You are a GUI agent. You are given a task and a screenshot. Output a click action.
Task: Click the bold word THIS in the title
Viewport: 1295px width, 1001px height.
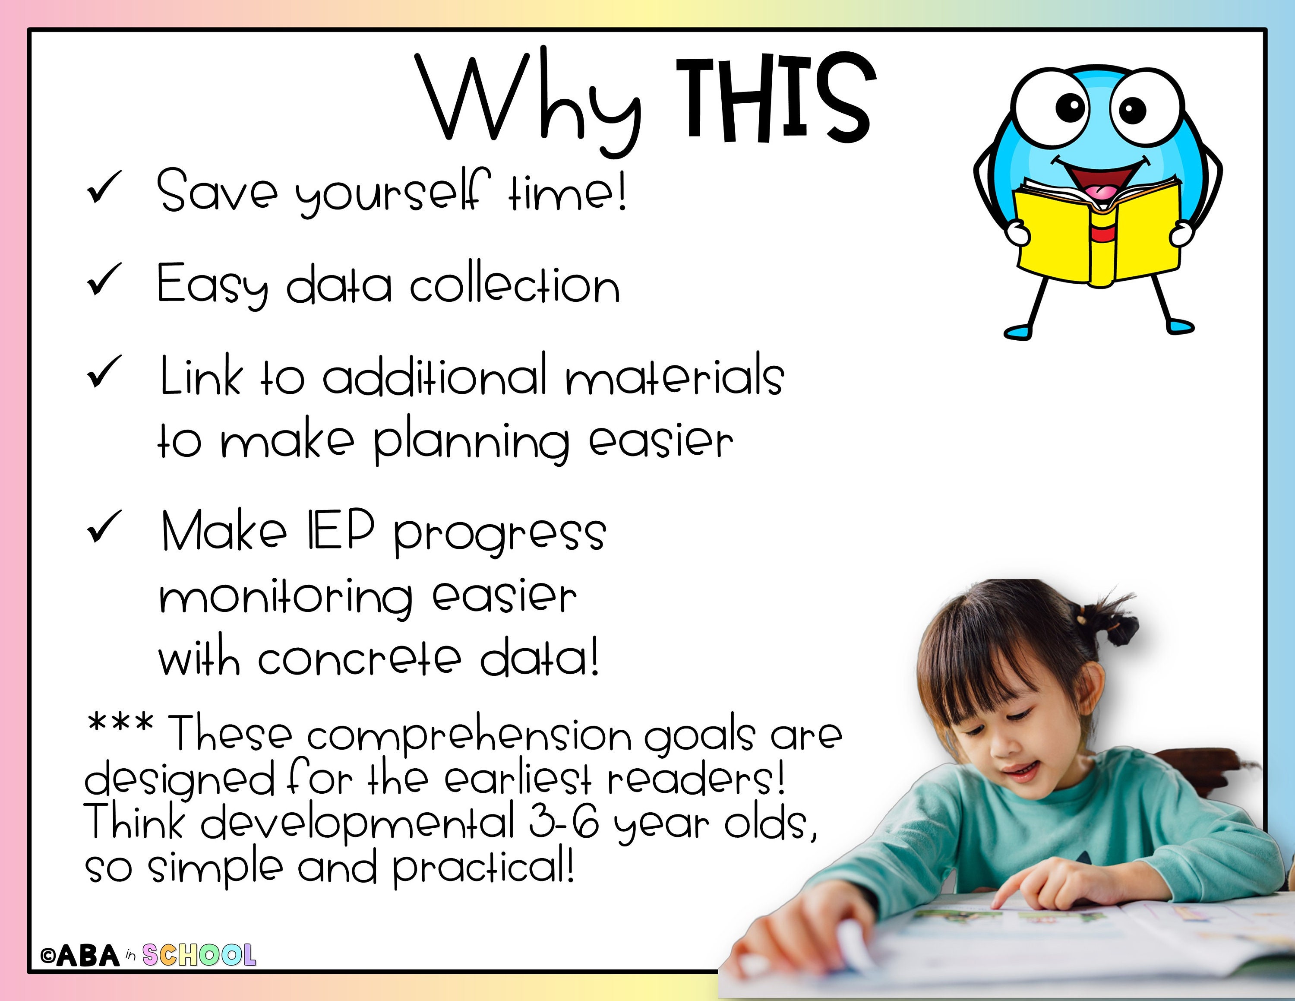[776, 98]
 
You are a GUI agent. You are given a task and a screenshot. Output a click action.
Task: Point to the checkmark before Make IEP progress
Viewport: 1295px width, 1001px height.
[104, 527]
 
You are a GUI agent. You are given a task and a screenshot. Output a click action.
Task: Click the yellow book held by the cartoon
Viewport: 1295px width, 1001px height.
[1097, 237]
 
